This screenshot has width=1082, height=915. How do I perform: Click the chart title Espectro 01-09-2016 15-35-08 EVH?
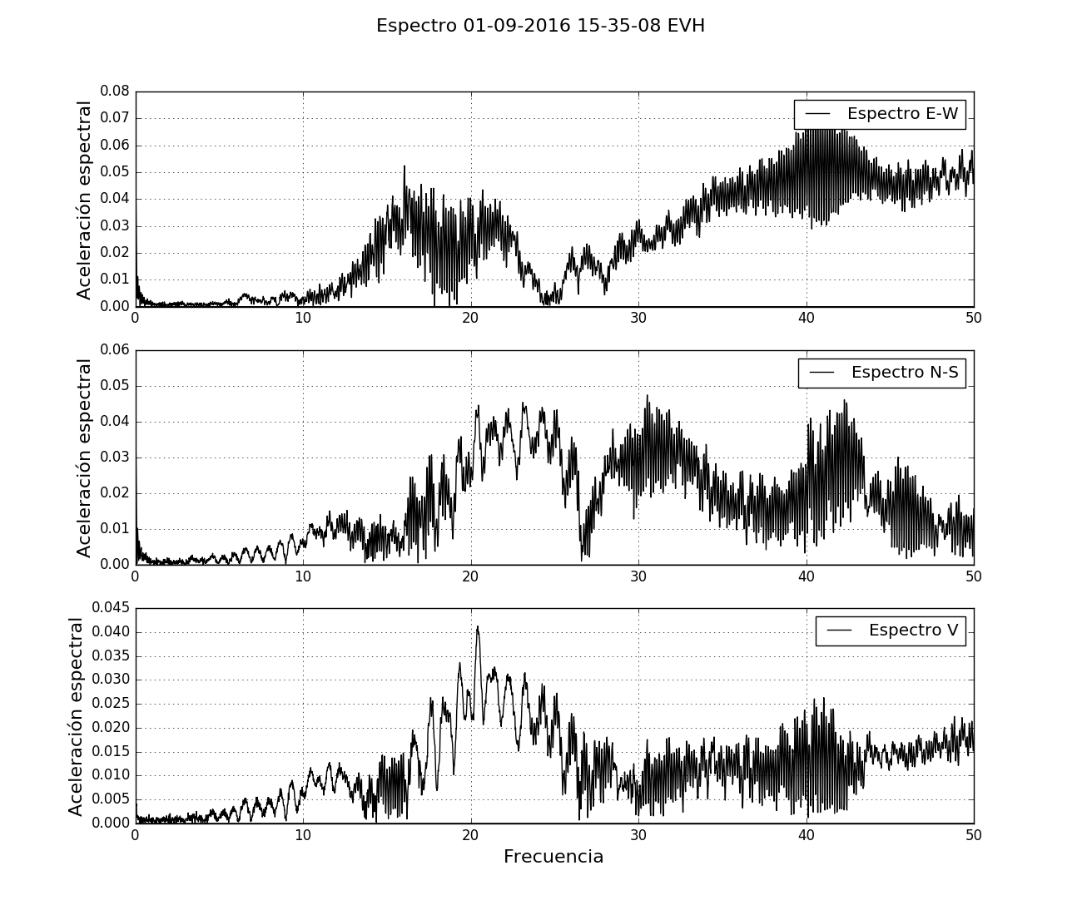540,26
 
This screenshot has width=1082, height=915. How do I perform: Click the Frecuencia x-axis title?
553,857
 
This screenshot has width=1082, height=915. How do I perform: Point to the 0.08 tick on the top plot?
115,91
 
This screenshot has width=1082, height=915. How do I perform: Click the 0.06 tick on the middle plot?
115,350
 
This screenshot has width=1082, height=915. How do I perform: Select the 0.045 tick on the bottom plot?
111,608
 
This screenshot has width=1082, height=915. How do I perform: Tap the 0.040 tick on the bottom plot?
111,632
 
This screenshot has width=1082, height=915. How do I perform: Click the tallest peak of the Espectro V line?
478,627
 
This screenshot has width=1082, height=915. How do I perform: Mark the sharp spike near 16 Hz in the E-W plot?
405,167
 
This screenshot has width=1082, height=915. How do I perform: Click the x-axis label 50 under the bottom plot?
973,836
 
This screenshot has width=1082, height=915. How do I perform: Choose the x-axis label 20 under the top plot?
470,319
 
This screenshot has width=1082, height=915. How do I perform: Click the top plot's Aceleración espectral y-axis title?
84,200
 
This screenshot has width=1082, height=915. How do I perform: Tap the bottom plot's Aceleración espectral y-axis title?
77,716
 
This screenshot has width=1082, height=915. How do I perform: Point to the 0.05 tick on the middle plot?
115,386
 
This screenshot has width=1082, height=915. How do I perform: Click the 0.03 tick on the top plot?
115,226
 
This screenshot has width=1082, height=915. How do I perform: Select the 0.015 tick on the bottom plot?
111,751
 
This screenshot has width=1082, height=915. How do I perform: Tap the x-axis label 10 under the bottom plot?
303,836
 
